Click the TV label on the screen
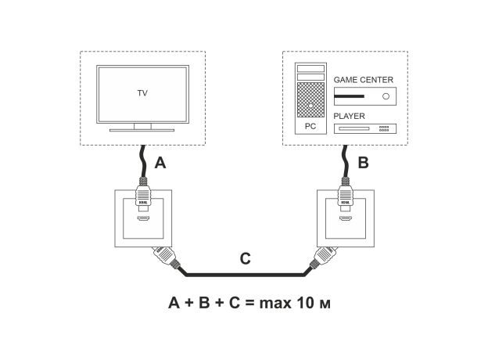tap(142, 92)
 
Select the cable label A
tap(160, 164)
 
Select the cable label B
tap(362, 164)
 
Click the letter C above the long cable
tap(245, 259)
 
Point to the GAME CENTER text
tap(363, 80)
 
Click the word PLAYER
tap(349, 116)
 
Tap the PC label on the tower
tap(310, 125)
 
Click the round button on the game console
tap(385, 96)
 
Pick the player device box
tap(364, 128)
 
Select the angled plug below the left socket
tap(166, 257)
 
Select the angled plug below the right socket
tap(321, 257)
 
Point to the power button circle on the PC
tap(310, 105)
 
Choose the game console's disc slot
tap(349, 96)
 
